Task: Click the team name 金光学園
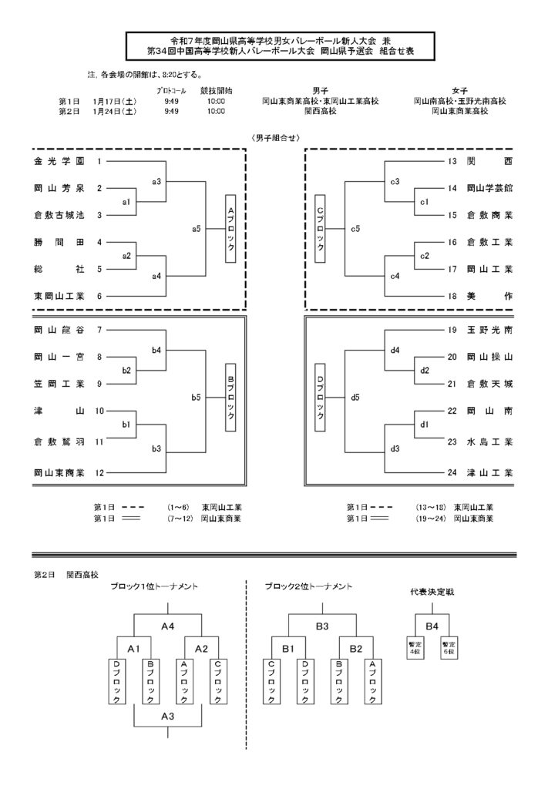pos(60,162)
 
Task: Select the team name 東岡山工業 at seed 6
pos(60,295)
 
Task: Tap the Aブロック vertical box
pos(230,229)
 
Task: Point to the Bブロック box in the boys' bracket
pos(230,397)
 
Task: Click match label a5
pos(197,229)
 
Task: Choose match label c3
pos(395,181)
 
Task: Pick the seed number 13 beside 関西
pos(452,162)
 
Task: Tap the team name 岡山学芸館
pos(490,188)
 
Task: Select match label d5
pos(355,397)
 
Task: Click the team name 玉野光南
pos(490,330)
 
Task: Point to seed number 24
pos(452,472)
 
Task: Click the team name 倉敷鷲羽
pos(60,443)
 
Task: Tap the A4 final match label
pos(168,626)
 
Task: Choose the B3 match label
pos(322,626)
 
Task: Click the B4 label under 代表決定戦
pos(432,626)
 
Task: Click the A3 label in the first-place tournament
pos(168,716)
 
